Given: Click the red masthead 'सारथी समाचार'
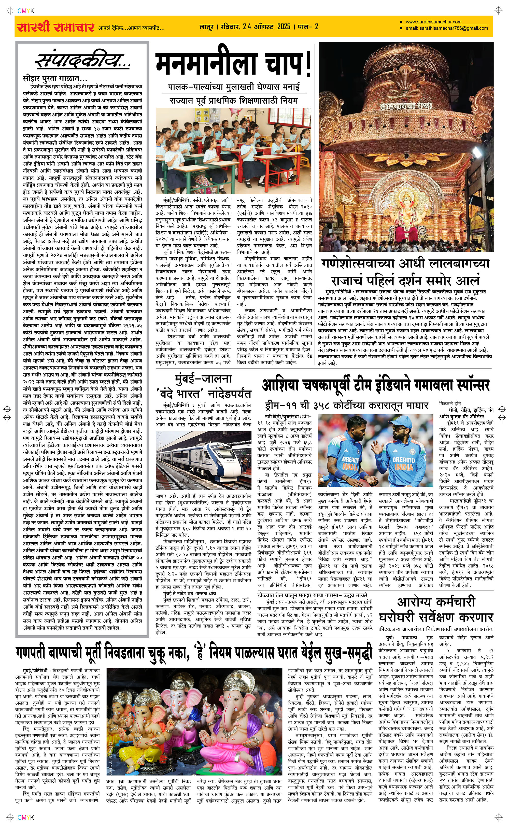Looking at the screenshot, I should (55, 27).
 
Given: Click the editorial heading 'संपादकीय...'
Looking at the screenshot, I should (82, 61).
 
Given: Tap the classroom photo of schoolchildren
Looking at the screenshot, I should (233, 151).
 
